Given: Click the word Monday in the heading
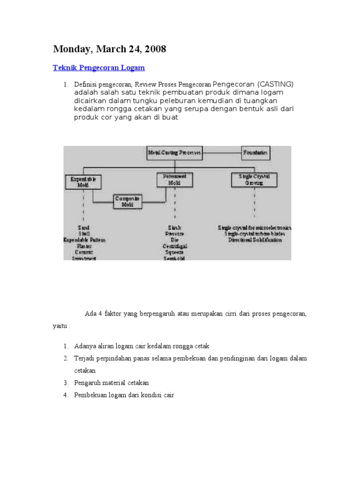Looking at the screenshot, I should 72,49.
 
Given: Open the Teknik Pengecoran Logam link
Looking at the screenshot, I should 99,68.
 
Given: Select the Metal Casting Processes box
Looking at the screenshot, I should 174,153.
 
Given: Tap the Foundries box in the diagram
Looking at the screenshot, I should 255,153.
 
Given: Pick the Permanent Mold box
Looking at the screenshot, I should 174,180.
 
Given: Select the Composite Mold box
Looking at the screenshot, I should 128,202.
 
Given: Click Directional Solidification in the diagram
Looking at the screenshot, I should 255,240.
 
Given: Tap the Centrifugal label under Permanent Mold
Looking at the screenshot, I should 174,246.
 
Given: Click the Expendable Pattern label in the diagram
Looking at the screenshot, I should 84,240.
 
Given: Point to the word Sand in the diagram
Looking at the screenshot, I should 84,227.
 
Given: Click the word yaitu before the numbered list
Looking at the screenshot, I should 60,326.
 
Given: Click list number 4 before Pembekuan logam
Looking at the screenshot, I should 66,395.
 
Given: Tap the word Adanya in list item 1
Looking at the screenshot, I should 85,346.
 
